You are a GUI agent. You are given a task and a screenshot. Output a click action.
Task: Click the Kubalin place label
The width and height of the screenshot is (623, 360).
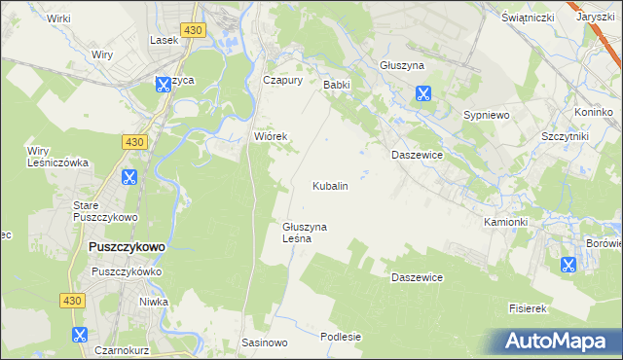click(x=330, y=185)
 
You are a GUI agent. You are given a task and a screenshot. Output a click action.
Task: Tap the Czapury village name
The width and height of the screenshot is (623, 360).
click(x=283, y=81)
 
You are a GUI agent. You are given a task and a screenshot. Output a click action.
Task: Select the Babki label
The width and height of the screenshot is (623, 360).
click(x=336, y=85)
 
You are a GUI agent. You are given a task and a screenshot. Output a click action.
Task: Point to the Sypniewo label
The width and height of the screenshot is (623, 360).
click(x=487, y=114)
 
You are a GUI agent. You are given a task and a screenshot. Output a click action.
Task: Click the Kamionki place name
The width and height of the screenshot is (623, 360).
click(x=505, y=222)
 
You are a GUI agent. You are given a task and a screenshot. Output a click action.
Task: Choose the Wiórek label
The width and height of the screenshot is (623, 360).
click(x=271, y=136)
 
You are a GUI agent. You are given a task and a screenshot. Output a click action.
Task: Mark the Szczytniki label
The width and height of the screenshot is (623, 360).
click(x=565, y=137)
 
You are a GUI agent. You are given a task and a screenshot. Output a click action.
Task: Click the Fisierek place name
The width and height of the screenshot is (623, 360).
click(x=530, y=308)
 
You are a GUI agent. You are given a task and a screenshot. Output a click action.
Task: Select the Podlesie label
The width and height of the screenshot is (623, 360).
click(x=341, y=337)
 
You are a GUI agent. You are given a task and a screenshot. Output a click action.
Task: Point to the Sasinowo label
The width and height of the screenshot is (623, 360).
click(x=265, y=343)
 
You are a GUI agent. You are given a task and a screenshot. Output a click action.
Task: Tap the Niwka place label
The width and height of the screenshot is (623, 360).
click(x=153, y=302)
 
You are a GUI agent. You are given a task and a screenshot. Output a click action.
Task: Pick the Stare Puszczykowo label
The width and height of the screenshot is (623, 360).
click(x=106, y=211)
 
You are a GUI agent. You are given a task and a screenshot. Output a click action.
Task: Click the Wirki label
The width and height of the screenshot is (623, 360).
click(x=58, y=18)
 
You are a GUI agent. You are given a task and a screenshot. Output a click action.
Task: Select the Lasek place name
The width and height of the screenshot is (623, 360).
click(x=163, y=40)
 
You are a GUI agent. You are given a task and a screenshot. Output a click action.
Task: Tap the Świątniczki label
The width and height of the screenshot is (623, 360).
click(x=528, y=18)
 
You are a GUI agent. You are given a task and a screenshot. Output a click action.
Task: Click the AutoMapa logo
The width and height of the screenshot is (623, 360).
click(x=556, y=341)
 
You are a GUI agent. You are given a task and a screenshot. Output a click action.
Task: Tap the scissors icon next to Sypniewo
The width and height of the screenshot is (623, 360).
click(x=423, y=94)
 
